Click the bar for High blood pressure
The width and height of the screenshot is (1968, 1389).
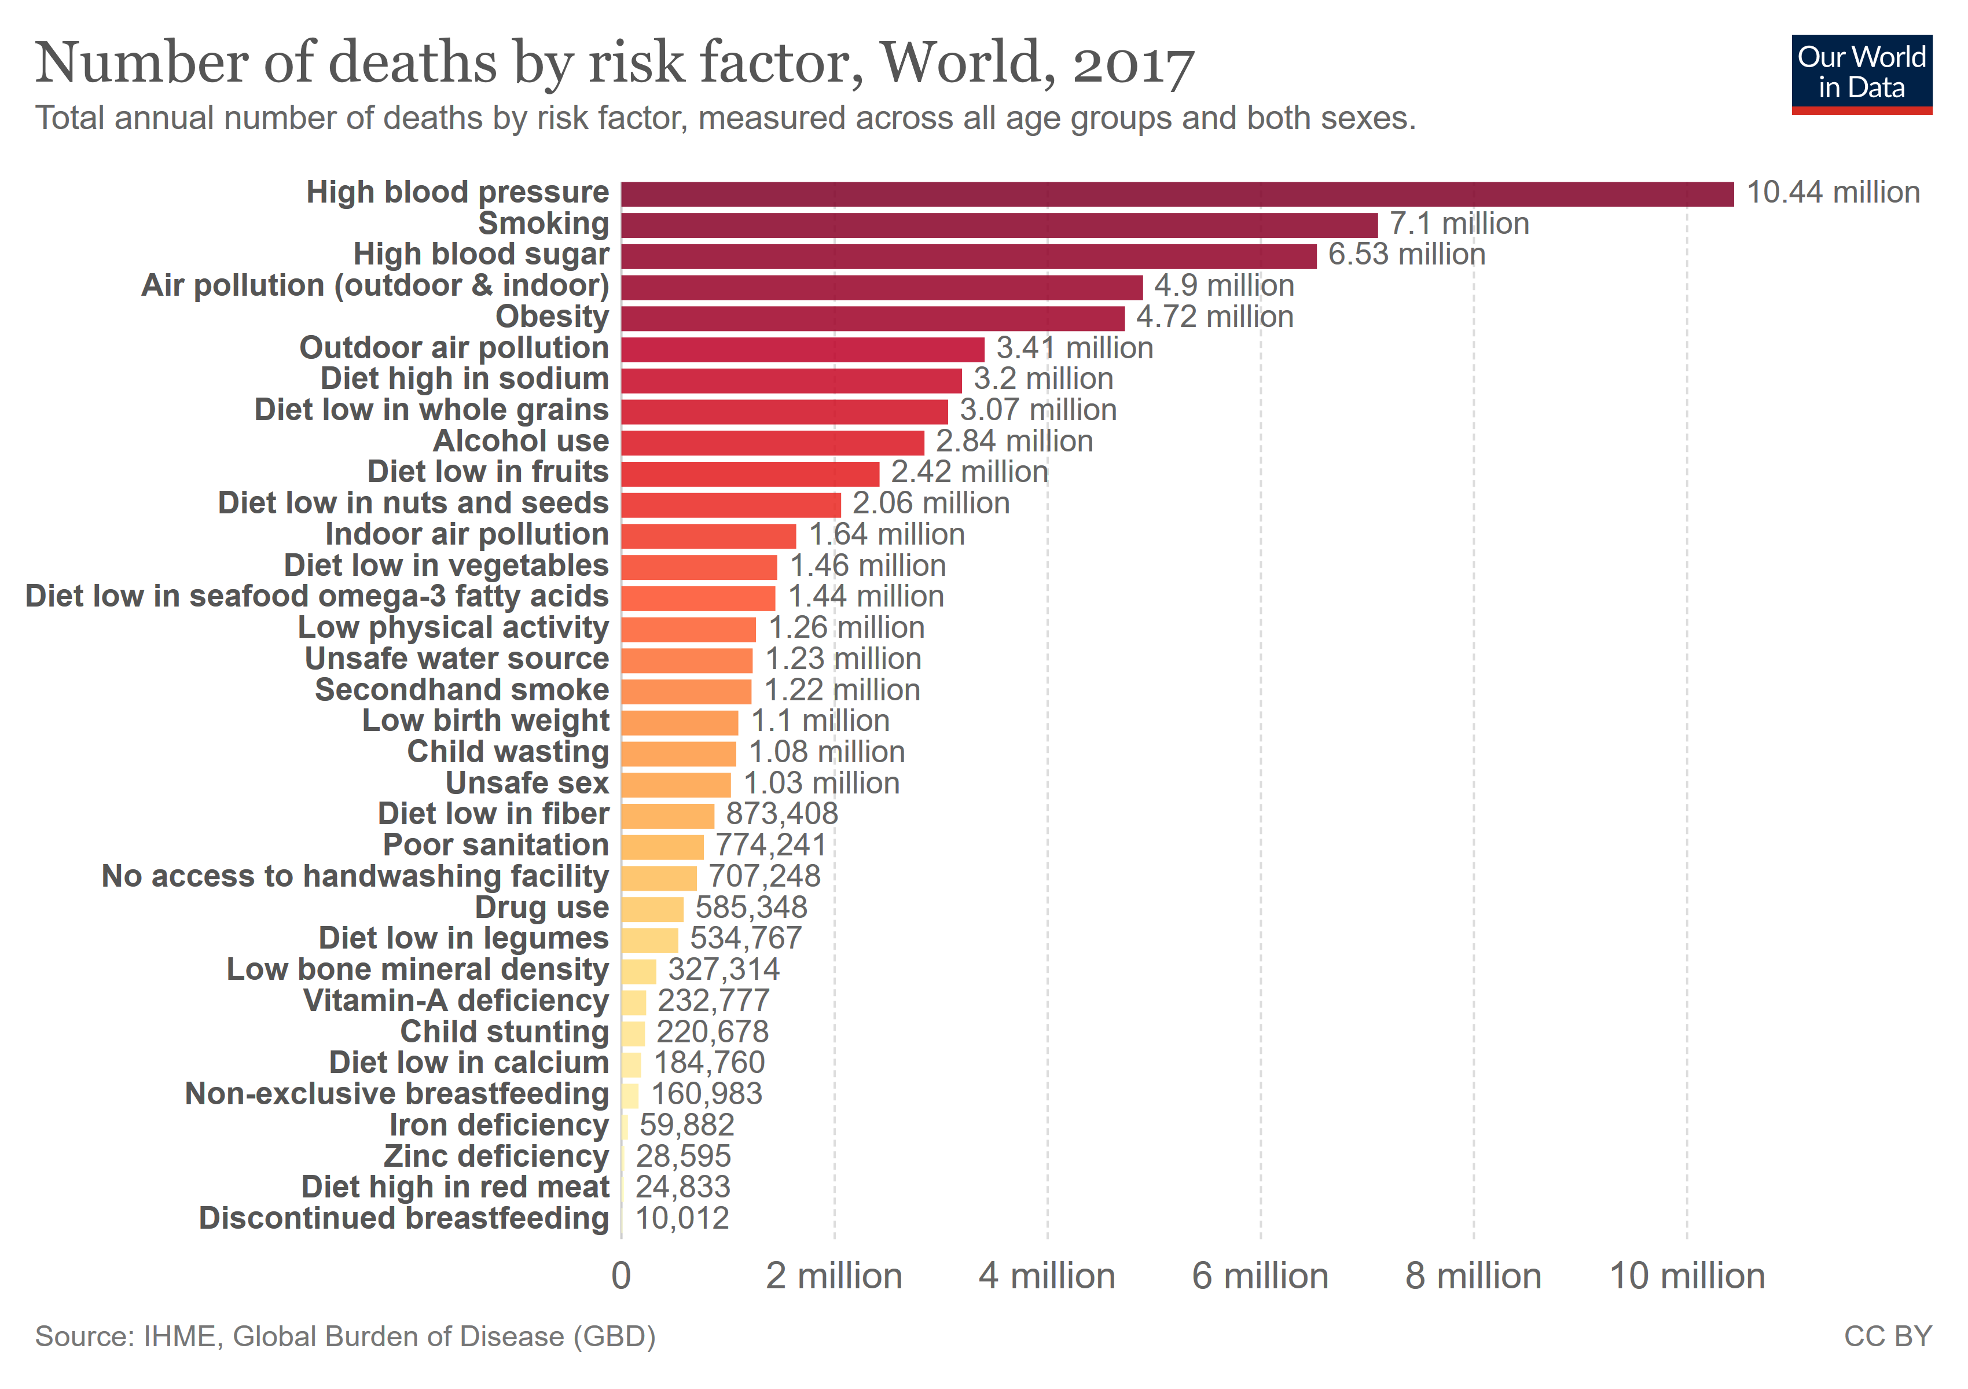1176,194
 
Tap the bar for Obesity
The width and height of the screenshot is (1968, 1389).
872,318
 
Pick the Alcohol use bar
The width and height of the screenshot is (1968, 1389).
772,442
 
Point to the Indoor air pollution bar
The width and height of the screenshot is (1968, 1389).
708,535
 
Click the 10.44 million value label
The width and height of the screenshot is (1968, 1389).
1833,193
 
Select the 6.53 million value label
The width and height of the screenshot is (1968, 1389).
1406,255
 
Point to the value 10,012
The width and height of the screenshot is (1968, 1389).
681,1218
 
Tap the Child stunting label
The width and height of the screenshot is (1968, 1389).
504,1032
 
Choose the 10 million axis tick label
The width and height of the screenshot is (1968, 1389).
1687,1277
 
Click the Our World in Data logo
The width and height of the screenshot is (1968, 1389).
1861,74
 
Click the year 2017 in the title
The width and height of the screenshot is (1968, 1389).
1133,64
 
